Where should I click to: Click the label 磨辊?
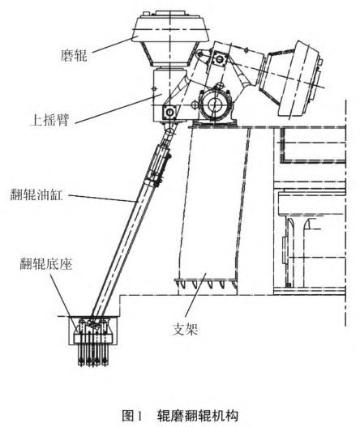pyautogui.click(x=74, y=56)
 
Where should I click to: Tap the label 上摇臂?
pyautogui.click(x=50, y=120)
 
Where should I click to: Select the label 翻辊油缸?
pyautogui.click(x=36, y=195)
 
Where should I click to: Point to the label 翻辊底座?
pyautogui.click(x=45, y=264)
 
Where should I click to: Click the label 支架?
pyautogui.click(x=185, y=329)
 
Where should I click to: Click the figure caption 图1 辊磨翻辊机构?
pyautogui.click(x=180, y=416)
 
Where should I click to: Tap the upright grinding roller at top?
pyautogui.click(x=170, y=38)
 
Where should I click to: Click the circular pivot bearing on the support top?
pyautogui.click(x=216, y=105)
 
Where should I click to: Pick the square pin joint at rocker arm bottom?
pyautogui.click(x=169, y=112)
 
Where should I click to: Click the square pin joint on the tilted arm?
pyautogui.click(x=219, y=58)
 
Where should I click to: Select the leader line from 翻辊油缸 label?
pyautogui.click(x=103, y=199)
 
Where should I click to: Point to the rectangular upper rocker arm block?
pyautogui.click(x=165, y=96)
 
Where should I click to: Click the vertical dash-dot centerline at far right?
pyautogui.click(x=346, y=212)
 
